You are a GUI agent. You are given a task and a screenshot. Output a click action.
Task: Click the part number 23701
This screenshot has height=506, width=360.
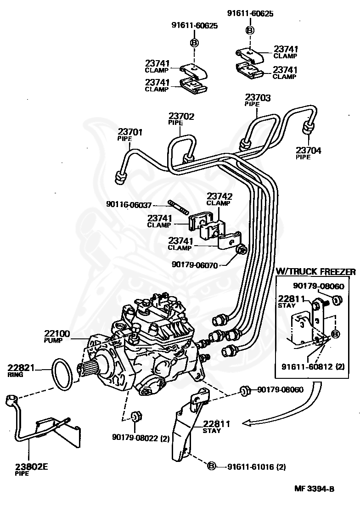[x=130, y=132]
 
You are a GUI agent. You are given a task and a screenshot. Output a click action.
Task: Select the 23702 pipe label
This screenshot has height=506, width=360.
[x=181, y=117]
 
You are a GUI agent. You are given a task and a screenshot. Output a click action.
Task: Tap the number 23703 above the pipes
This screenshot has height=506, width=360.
[x=258, y=97]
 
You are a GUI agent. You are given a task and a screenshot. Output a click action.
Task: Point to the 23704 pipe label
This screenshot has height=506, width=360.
[x=308, y=150]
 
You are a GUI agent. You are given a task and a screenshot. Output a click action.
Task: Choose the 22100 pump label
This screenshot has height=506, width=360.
[x=57, y=334]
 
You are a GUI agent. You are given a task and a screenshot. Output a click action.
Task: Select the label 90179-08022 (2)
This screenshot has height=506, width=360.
[x=141, y=438]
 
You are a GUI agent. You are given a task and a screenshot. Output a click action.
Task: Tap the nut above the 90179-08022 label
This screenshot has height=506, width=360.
[x=135, y=417]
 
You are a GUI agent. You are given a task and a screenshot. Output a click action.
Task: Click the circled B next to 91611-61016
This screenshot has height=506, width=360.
[x=212, y=467]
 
